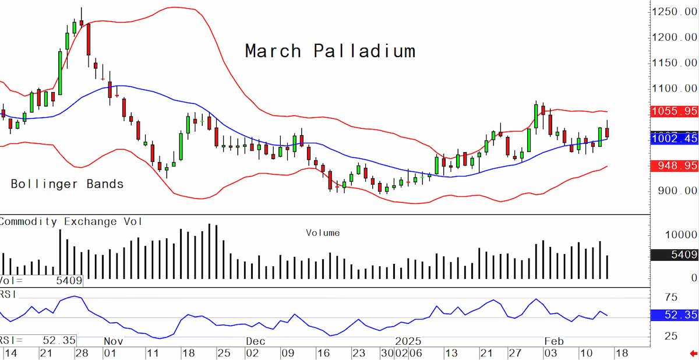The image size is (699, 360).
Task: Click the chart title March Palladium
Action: click(330, 51)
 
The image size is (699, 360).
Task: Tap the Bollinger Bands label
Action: click(67, 184)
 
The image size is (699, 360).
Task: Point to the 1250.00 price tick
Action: click(674, 12)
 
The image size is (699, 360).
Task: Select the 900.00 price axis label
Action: click(677, 190)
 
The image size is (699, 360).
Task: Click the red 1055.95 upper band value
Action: click(675, 111)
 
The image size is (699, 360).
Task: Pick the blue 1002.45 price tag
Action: click(675, 138)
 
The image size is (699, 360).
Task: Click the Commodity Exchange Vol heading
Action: click(70, 221)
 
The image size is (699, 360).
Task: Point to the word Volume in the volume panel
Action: click(323, 233)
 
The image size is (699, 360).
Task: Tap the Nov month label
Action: click(114, 341)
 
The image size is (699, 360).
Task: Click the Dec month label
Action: click(256, 341)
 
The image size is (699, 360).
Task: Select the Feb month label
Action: click(554, 341)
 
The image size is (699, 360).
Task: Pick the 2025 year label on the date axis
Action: click(408, 341)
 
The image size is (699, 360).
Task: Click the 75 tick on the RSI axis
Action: click(671, 297)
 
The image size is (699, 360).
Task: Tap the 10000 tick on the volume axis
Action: click(681, 235)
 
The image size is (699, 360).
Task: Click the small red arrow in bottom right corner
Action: click(693, 354)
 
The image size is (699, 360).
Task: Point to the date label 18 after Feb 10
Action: click(622, 353)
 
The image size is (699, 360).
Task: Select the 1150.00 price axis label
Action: click(674, 63)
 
